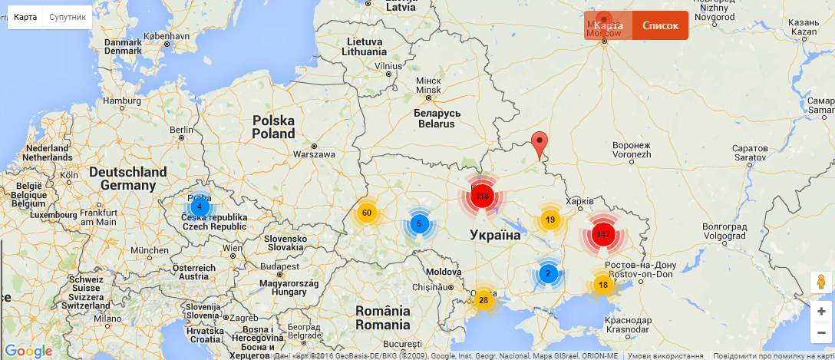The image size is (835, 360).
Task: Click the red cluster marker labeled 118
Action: [x=482, y=197]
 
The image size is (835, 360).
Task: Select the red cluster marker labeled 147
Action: [x=603, y=234]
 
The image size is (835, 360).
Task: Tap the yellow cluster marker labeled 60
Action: [x=366, y=213]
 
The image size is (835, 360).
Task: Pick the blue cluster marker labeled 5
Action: [x=419, y=224]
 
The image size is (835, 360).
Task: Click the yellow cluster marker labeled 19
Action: [x=550, y=220]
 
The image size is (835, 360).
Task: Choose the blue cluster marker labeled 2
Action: [x=548, y=273]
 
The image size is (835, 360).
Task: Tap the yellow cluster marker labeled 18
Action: [x=603, y=285]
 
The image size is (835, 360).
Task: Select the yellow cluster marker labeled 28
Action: [x=483, y=299]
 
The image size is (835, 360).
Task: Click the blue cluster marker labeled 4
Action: [x=200, y=206]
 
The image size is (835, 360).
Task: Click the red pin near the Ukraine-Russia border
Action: [x=540, y=144]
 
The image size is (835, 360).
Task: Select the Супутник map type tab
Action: [x=68, y=17]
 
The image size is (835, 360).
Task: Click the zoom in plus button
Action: [x=821, y=311]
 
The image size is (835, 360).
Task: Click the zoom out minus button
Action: [x=821, y=332]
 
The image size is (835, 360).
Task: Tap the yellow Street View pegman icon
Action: [x=821, y=282]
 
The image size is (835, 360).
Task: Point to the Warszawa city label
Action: [x=313, y=154]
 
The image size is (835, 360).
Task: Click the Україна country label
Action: [x=495, y=235]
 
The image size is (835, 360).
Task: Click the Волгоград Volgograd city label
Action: [x=724, y=231]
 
